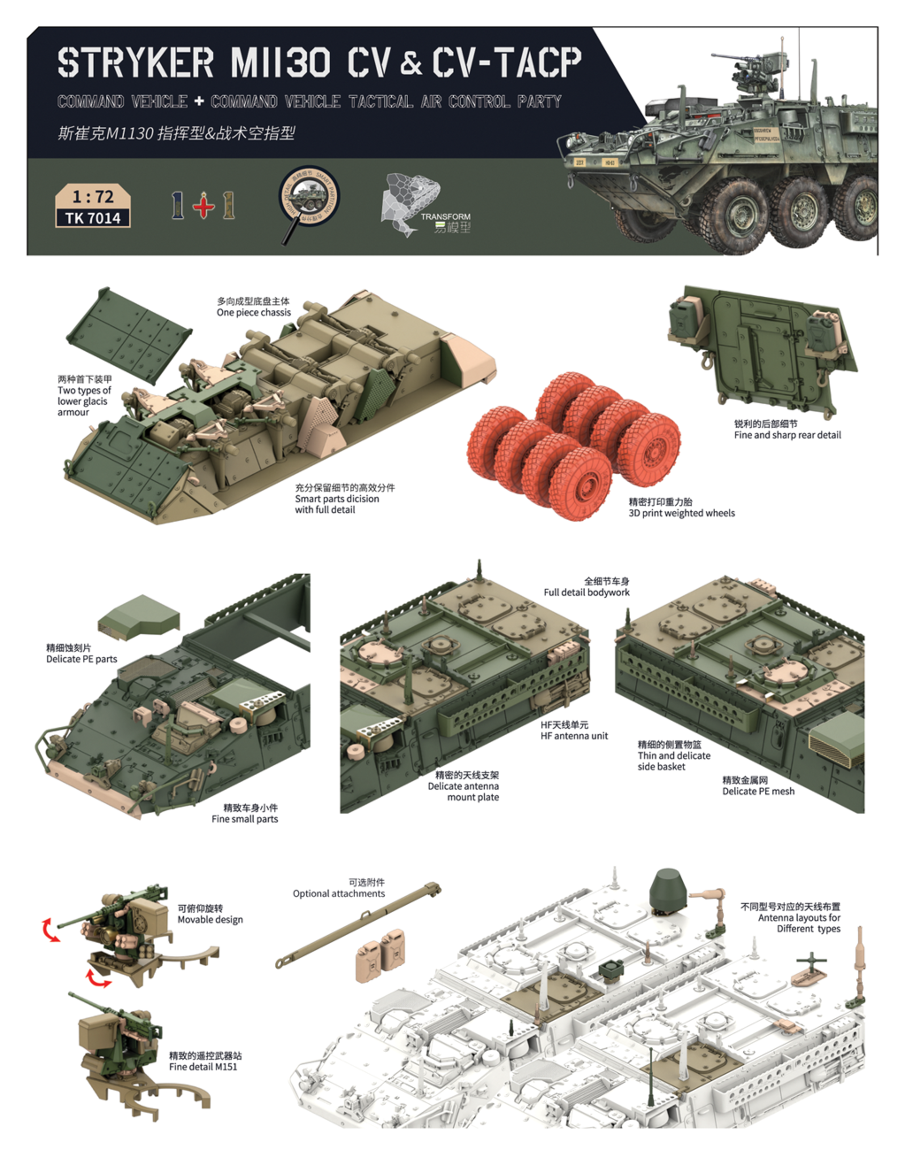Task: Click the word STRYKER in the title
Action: (x=135, y=63)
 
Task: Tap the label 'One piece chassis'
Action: (x=253, y=312)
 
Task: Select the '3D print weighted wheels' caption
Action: (x=682, y=513)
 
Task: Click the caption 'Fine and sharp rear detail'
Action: (x=787, y=435)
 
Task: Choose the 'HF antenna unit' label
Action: (x=574, y=736)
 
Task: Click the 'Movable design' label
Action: (x=210, y=920)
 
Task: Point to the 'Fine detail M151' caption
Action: (x=203, y=1067)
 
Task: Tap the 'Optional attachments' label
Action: (x=339, y=894)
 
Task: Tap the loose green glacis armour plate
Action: (x=129, y=335)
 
